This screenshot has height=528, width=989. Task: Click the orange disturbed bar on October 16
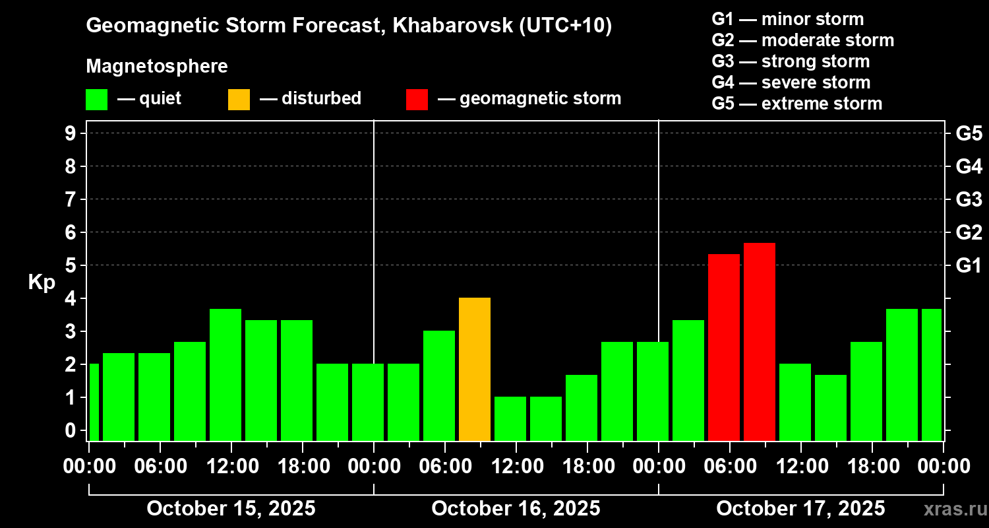(475, 369)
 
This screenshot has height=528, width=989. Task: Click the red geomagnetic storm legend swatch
(417, 100)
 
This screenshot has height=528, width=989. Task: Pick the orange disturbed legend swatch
(239, 100)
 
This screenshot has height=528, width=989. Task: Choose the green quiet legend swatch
(96, 100)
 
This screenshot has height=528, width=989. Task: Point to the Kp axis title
(42, 282)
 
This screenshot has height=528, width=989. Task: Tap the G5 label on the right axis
(969, 134)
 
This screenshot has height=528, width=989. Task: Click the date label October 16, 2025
(516, 509)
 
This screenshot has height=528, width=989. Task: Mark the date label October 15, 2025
(231, 509)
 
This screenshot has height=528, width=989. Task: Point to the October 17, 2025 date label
(800, 509)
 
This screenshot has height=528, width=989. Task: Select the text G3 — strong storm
(791, 61)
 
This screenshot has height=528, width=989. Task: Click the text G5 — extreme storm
(796, 104)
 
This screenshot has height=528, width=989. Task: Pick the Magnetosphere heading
(157, 67)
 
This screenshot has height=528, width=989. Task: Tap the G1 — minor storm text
(787, 19)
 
